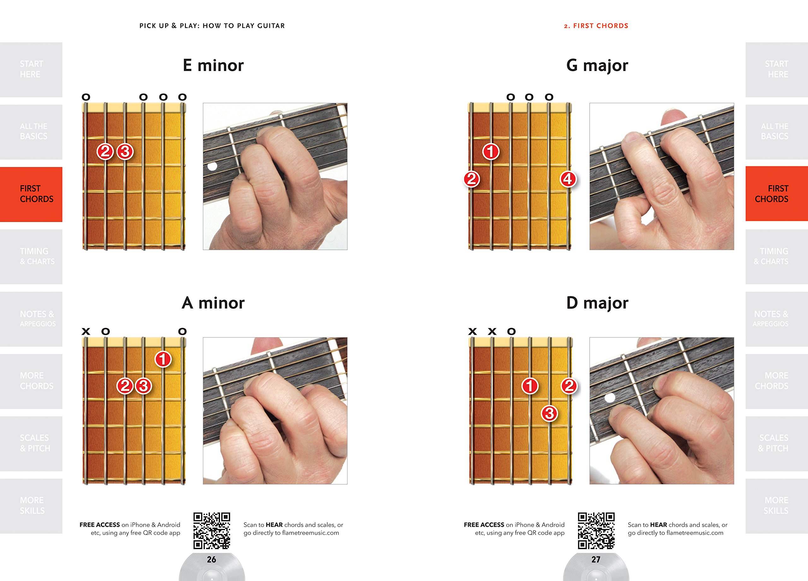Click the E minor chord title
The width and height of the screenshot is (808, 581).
(x=213, y=65)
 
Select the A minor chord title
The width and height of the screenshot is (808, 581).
(x=213, y=303)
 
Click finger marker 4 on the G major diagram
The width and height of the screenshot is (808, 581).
(x=568, y=179)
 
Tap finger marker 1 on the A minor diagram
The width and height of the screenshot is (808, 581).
(x=163, y=359)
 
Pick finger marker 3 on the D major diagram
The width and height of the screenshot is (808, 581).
(x=550, y=413)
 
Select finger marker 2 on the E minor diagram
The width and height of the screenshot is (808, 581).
(x=105, y=152)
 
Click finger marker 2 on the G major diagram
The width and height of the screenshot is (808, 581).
(x=471, y=179)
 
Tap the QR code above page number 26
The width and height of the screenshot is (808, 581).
(x=211, y=531)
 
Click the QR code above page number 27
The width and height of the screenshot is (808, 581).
(x=596, y=531)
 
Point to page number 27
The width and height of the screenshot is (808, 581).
(x=596, y=560)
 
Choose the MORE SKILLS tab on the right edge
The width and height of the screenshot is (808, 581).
(x=777, y=506)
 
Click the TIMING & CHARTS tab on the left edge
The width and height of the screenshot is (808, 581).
(x=31, y=257)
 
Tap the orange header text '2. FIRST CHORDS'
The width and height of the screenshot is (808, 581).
(x=596, y=26)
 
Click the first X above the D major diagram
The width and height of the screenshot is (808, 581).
(x=472, y=332)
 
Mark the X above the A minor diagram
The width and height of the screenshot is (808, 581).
(x=86, y=332)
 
